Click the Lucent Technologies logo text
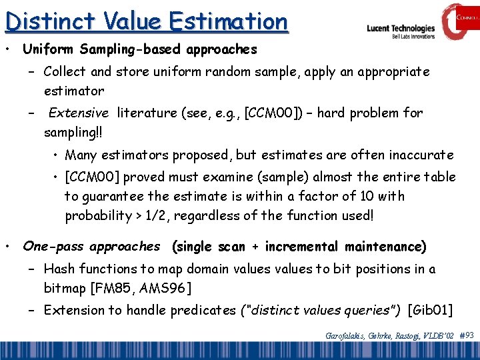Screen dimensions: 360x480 400,29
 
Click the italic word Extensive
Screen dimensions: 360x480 78,113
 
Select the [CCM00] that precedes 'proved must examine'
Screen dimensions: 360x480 91,177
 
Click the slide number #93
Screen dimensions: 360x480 467,335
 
